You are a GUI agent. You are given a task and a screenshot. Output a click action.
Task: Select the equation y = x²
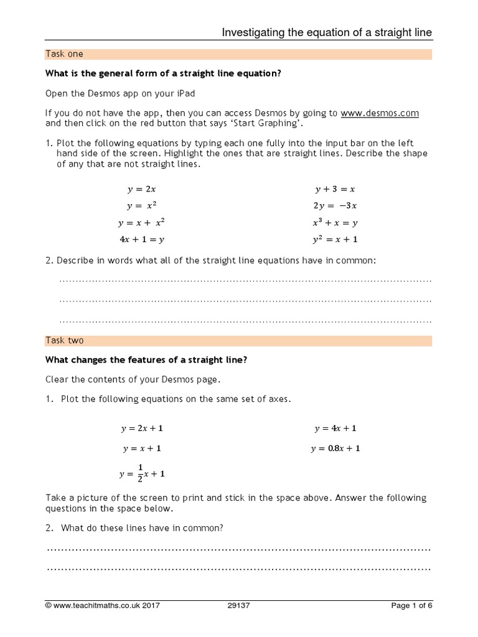(141, 205)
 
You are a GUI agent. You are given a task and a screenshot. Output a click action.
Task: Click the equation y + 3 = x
(335, 189)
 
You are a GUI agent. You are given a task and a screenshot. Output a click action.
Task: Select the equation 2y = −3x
(335, 206)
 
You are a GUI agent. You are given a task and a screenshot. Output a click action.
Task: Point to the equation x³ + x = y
(335, 222)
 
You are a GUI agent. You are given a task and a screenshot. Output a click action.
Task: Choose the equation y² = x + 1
(335, 239)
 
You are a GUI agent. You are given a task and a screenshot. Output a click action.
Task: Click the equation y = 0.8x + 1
(335, 449)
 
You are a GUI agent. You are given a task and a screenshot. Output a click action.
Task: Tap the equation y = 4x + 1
(335, 429)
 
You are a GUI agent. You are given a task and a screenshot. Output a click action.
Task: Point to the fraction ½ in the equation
(140, 473)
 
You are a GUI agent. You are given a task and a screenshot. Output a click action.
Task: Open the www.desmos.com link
(380, 113)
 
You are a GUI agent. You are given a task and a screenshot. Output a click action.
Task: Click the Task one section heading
(65, 54)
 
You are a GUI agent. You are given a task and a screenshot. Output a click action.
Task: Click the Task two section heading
(65, 341)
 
